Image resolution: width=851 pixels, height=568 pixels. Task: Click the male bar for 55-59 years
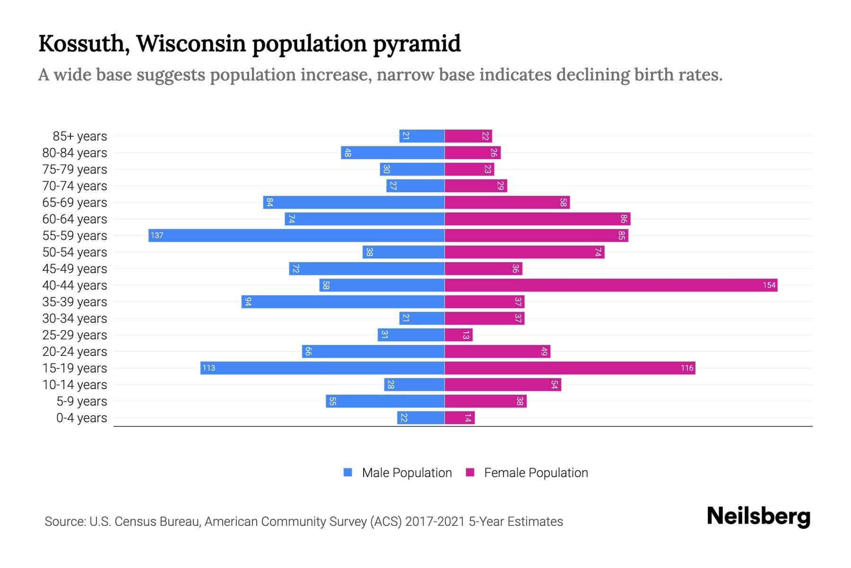tap(296, 235)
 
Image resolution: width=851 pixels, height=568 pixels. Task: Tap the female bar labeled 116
tap(570, 368)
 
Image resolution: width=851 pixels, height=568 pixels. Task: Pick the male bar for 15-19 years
tap(322, 368)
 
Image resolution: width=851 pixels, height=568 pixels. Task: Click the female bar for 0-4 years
tap(459, 417)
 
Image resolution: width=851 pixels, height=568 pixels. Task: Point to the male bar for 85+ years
tap(422, 136)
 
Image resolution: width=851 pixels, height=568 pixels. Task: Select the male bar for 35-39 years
tap(343, 302)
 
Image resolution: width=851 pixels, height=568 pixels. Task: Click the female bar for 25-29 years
tap(458, 335)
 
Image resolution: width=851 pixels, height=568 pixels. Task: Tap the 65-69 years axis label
tap(75, 203)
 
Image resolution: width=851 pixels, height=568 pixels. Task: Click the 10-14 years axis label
tap(75, 385)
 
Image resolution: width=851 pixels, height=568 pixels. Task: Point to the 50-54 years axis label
tap(75, 252)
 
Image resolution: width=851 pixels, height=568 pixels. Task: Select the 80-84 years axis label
tap(75, 153)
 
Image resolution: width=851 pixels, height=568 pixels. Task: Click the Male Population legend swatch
tap(348, 472)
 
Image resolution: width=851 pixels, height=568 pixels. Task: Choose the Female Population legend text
tap(536, 472)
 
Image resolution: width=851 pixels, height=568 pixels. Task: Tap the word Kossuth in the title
tap(81, 44)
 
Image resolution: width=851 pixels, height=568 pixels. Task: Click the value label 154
tap(769, 285)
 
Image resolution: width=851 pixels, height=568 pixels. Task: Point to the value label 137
tap(157, 235)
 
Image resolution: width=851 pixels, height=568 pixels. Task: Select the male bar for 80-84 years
tap(392, 152)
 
